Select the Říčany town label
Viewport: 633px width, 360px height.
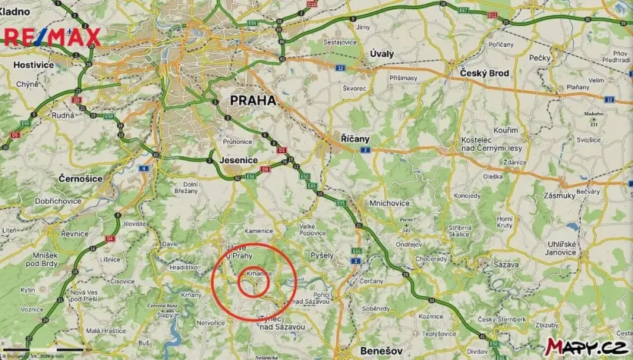(x=355, y=138)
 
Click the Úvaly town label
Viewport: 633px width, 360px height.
(x=382, y=53)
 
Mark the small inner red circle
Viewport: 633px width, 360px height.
(x=253, y=284)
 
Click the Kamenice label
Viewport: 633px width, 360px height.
(x=259, y=231)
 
